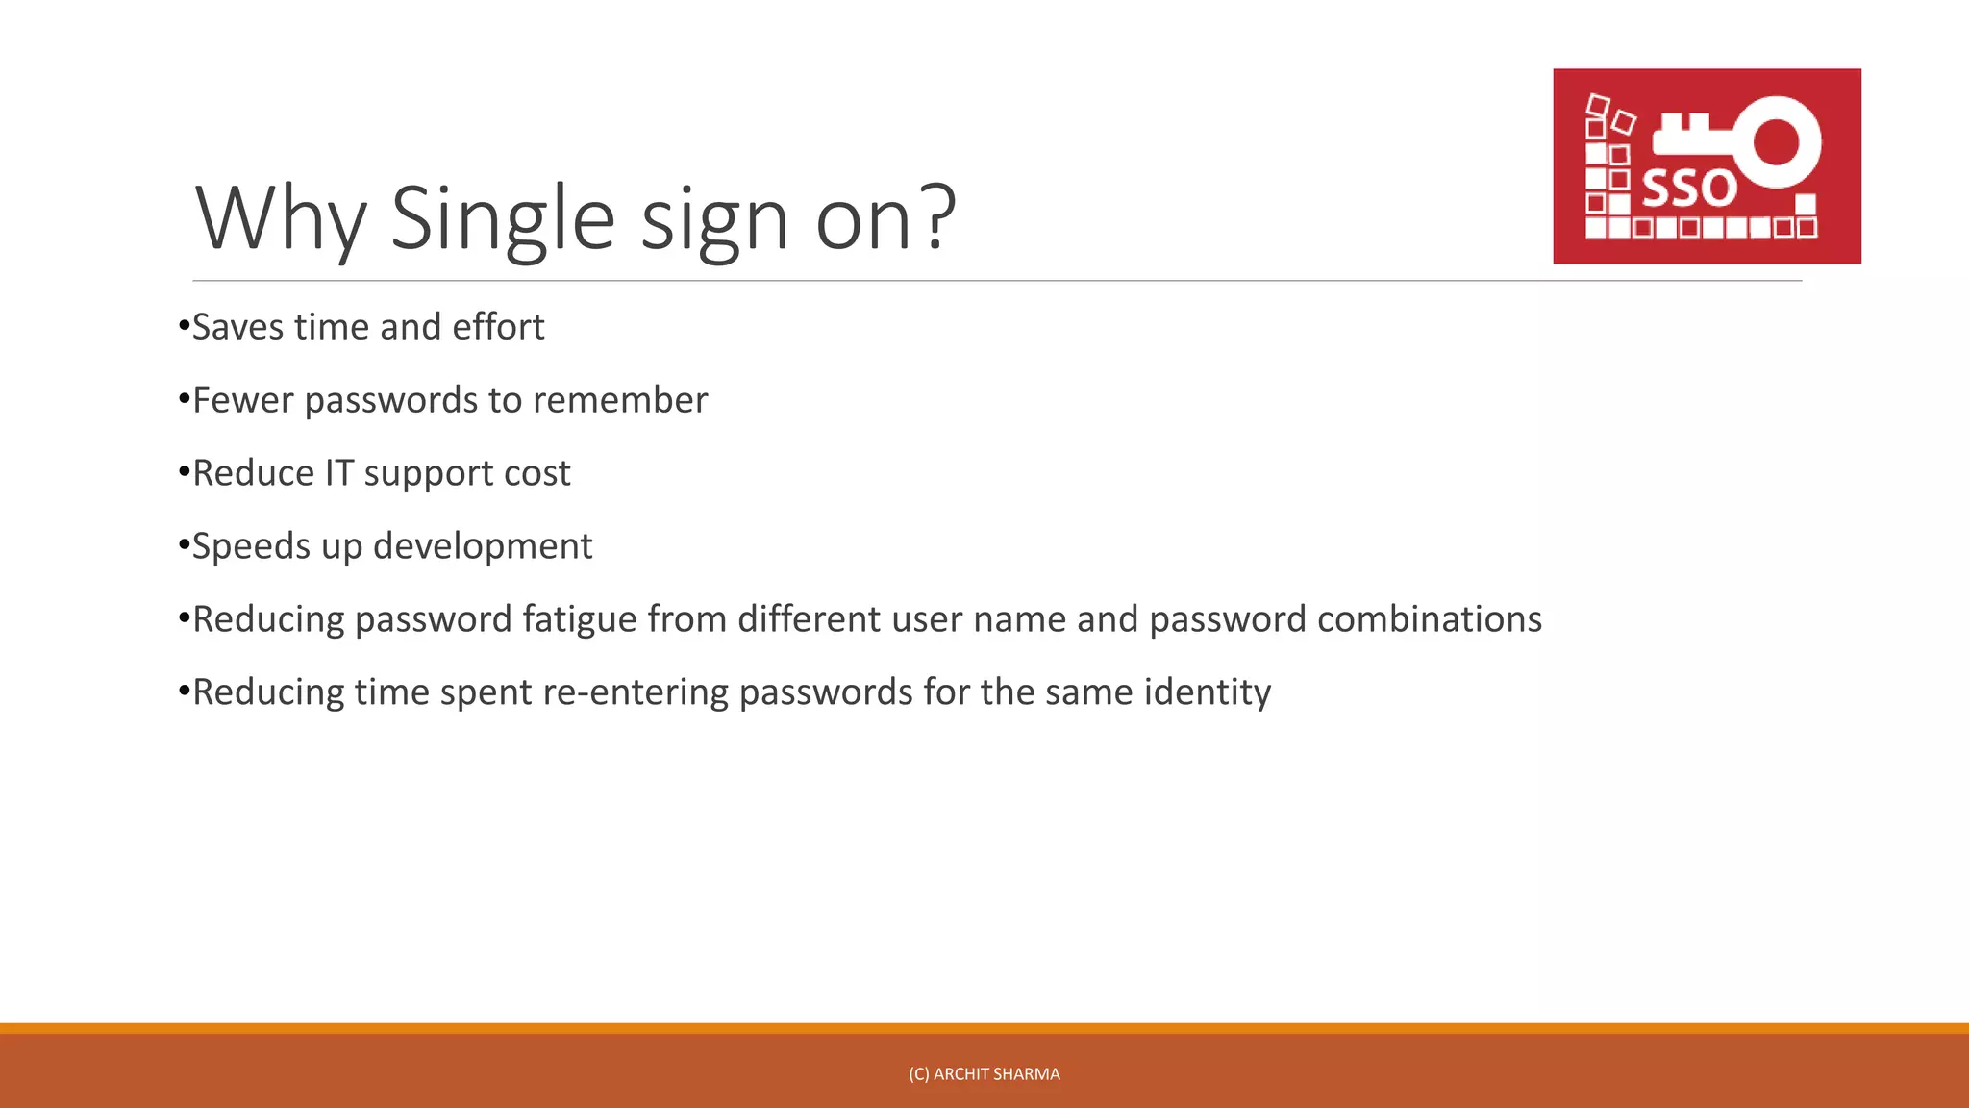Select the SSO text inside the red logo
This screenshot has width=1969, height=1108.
1688,189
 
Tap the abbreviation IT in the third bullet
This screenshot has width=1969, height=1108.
339,473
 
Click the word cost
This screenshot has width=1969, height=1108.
538,473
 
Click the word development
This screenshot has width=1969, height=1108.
483,546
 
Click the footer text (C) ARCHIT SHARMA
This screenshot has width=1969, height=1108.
984,1074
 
